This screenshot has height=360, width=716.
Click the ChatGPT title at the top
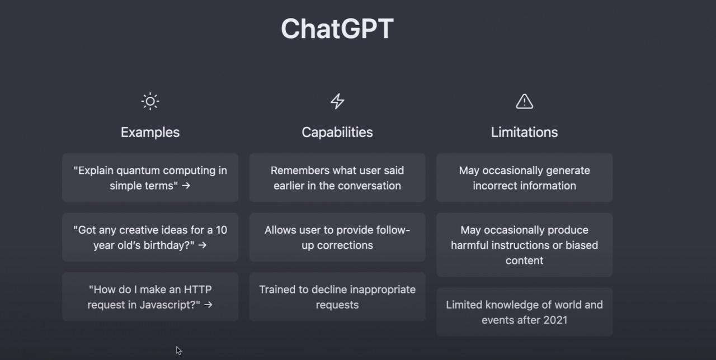[x=337, y=29]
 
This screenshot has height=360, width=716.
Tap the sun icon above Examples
[x=150, y=102]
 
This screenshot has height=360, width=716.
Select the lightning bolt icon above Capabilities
[x=337, y=101]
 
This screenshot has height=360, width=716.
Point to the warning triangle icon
[x=525, y=102]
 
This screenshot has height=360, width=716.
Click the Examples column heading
[x=150, y=132]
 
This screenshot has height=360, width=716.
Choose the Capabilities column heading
[x=337, y=132]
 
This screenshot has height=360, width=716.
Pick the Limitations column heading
[x=525, y=132]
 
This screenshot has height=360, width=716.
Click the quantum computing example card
[x=150, y=178]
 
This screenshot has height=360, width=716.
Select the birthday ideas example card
[x=150, y=238]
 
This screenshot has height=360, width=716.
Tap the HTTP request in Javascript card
[x=150, y=297]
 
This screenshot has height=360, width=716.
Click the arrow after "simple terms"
[x=186, y=186]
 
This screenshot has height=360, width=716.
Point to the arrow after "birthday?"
[x=202, y=245]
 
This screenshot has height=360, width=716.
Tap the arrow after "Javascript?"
[x=208, y=305]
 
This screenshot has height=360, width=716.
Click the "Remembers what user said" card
[x=337, y=178]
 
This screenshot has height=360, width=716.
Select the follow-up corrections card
[x=337, y=238]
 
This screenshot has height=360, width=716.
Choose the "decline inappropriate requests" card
[x=337, y=297]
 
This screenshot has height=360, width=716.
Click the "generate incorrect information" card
[x=525, y=178]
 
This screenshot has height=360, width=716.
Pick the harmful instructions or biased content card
[x=525, y=245]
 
